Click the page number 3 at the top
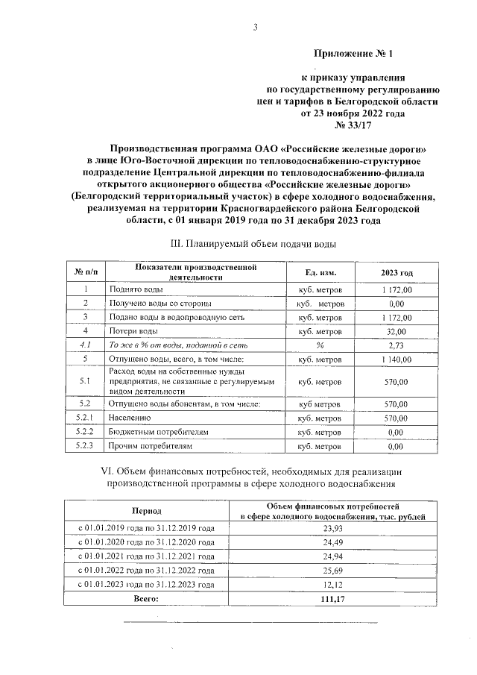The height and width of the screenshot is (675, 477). coord(256,28)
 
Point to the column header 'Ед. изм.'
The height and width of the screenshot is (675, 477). coord(320,274)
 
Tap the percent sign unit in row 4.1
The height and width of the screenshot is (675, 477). coord(320,345)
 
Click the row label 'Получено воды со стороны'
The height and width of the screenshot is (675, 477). coord(160,304)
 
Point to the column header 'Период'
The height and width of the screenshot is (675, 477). coord(146,512)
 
